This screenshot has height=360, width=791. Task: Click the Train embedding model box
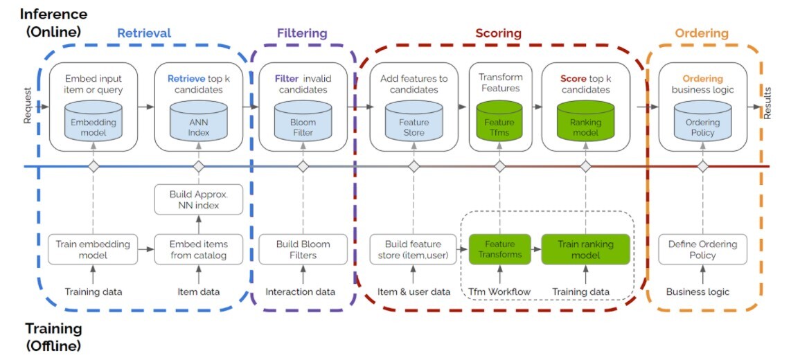(93, 249)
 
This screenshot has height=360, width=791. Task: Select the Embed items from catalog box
(199, 249)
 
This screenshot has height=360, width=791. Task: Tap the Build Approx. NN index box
(199, 199)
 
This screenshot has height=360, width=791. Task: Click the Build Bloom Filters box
(303, 249)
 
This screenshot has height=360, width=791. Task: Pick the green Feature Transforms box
(499, 249)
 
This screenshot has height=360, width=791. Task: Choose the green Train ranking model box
(586, 249)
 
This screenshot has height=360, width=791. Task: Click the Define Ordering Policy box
(702, 249)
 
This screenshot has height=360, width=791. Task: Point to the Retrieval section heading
(144, 33)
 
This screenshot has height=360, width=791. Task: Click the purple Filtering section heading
(302, 33)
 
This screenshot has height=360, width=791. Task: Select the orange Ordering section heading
(702, 33)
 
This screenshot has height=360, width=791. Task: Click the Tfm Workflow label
(499, 292)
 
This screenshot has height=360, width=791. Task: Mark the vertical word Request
(28, 105)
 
